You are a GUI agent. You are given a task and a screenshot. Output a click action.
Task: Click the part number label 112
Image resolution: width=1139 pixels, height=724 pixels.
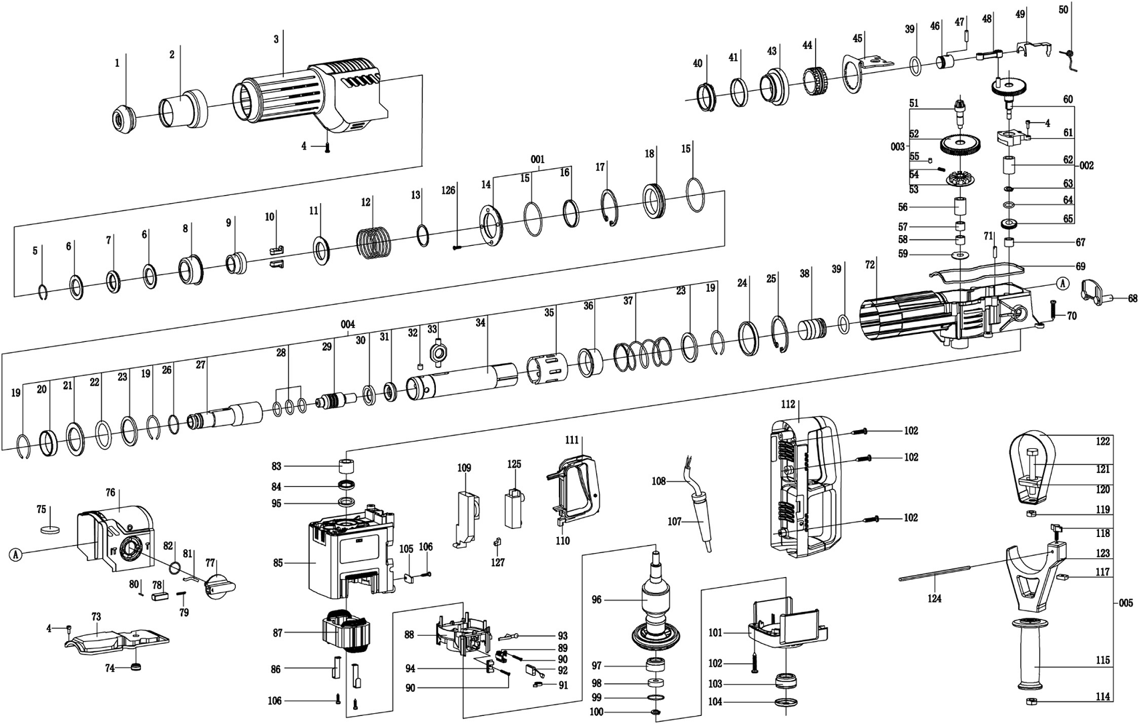tap(788, 404)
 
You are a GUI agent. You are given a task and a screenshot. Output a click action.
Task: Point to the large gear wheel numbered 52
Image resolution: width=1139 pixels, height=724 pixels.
tap(959, 144)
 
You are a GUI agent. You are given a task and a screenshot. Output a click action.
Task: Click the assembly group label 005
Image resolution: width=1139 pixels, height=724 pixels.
tap(1125, 603)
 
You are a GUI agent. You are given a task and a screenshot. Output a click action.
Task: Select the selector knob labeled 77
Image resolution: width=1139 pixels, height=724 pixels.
tap(219, 586)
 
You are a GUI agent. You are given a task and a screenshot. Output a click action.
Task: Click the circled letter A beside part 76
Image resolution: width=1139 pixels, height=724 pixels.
tap(16, 554)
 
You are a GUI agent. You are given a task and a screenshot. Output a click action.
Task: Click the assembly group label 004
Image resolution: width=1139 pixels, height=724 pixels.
tap(348, 325)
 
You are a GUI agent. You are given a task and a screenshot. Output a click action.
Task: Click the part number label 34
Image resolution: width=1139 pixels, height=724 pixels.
tap(481, 323)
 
